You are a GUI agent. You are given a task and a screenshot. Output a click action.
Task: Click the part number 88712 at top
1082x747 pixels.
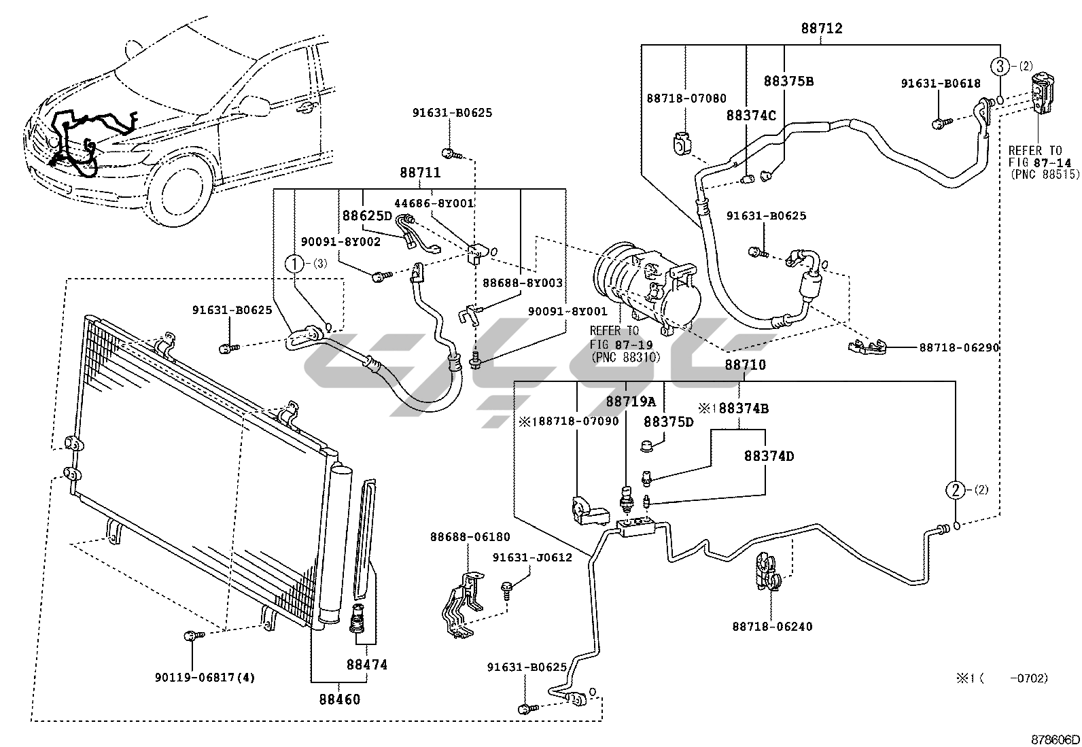(821, 29)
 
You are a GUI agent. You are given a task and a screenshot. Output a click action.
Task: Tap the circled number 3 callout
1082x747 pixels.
(1000, 66)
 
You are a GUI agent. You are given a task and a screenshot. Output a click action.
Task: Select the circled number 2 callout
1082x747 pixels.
(956, 489)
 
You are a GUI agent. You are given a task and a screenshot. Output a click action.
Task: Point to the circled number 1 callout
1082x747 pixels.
(294, 263)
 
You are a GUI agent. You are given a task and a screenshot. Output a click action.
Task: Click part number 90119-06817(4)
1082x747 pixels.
(205, 677)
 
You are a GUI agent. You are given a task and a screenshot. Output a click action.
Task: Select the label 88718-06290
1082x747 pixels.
(959, 347)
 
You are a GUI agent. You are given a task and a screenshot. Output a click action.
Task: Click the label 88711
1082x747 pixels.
(419, 173)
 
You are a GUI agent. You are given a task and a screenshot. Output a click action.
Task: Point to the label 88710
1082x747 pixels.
(745, 365)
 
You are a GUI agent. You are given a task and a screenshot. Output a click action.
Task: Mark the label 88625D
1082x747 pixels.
(367, 215)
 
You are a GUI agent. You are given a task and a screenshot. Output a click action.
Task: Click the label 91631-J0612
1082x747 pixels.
(532, 557)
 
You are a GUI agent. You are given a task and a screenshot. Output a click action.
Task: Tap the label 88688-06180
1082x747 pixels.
(470, 537)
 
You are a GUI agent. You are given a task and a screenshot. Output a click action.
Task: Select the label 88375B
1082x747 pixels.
(788, 81)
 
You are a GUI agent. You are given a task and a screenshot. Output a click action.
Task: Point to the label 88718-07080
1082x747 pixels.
(686, 99)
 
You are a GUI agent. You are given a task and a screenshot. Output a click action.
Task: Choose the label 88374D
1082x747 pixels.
(769, 455)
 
